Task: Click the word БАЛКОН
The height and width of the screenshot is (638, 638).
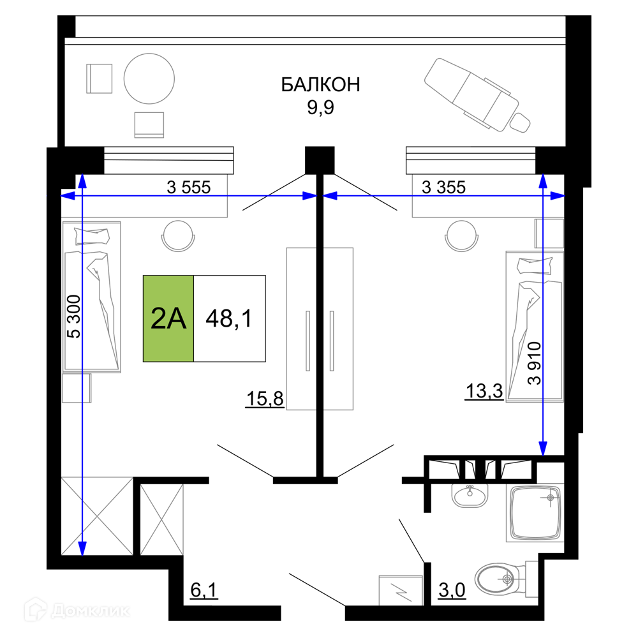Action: click(x=321, y=85)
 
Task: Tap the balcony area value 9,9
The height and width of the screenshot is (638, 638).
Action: click(x=321, y=107)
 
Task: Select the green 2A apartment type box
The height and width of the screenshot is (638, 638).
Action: click(x=168, y=318)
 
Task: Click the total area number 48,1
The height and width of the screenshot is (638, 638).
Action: click(x=229, y=318)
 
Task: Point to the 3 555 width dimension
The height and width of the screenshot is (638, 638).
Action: click(x=189, y=188)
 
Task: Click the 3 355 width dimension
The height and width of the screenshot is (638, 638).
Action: click(x=443, y=188)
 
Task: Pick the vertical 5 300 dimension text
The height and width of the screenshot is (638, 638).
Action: click(x=74, y=316)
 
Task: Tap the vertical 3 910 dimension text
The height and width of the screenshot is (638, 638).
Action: click(x=535, y=364)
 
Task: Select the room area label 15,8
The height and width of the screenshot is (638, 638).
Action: click(x=265, y=398)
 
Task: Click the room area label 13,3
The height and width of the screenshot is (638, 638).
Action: click(x=484, y=392)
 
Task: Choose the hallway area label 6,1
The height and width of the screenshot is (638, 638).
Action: click(x=204, y=590)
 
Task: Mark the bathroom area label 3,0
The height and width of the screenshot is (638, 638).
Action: click(x=452, y=590)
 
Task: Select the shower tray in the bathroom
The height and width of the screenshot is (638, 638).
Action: click(x=535, y=513)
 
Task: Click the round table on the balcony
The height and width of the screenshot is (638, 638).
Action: click(x=149, y=78)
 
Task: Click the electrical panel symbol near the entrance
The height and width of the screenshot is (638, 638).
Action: click(x=401, y=590)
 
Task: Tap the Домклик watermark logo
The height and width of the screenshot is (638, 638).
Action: click(x=77, y=611)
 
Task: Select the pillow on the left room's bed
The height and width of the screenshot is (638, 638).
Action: click(x=92, y=237)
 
